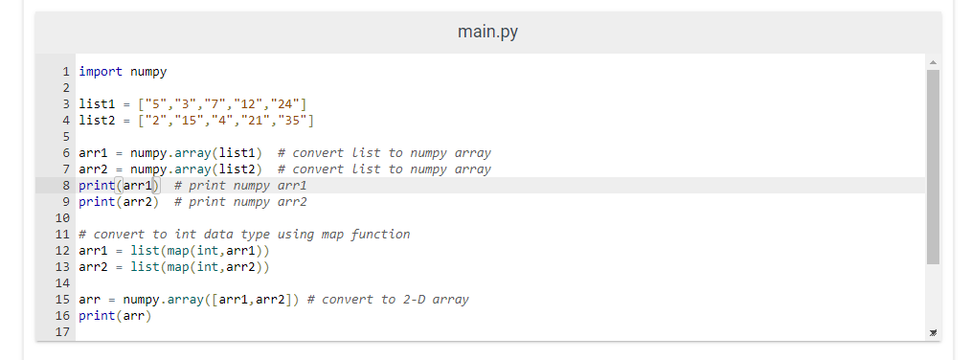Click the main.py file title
[x=488, y=33]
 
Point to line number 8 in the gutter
[x=67, y=185]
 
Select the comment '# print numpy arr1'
[x=240, y=185]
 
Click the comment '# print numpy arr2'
[x=240, y=202]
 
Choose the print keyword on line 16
[x=95, y=316]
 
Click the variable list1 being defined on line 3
[x=95, y=104]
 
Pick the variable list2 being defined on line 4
[x=95, y=121]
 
